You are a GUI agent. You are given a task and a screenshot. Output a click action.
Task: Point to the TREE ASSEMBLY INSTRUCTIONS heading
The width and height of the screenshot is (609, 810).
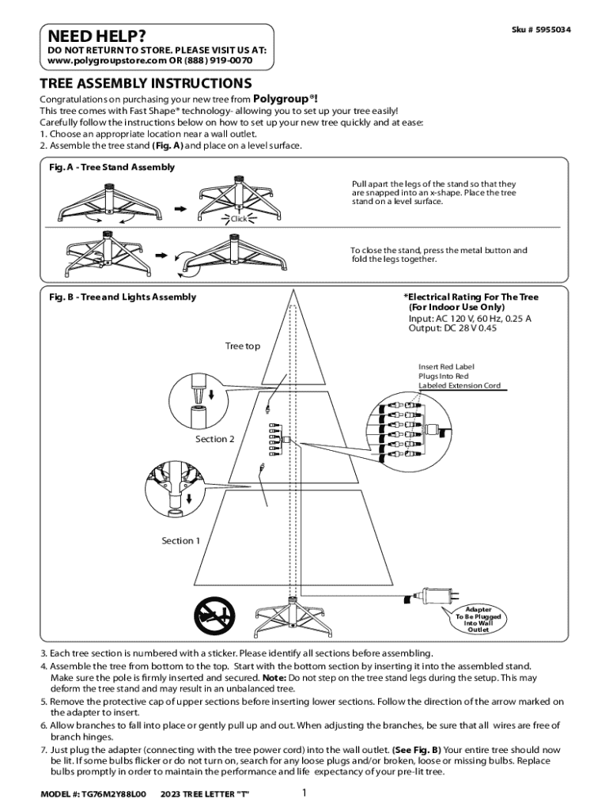tap(146, 83)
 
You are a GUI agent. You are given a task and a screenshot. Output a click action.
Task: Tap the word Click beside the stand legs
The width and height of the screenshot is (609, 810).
tap(239, 218)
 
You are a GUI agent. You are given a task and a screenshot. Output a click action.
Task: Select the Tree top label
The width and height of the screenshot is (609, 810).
tap(242, 346)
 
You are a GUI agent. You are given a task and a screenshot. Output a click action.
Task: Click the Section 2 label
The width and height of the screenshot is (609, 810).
tap(215, 439)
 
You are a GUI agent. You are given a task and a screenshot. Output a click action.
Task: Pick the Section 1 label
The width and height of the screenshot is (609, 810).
tap(182, 541)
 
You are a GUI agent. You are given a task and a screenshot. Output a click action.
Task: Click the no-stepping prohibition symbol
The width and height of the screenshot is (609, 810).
tap(214, 614)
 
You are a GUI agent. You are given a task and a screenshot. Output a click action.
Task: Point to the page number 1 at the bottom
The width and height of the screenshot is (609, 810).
tap(304, 793)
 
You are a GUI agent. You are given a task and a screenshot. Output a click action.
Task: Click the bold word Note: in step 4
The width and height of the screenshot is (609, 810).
tap(274, 678)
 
